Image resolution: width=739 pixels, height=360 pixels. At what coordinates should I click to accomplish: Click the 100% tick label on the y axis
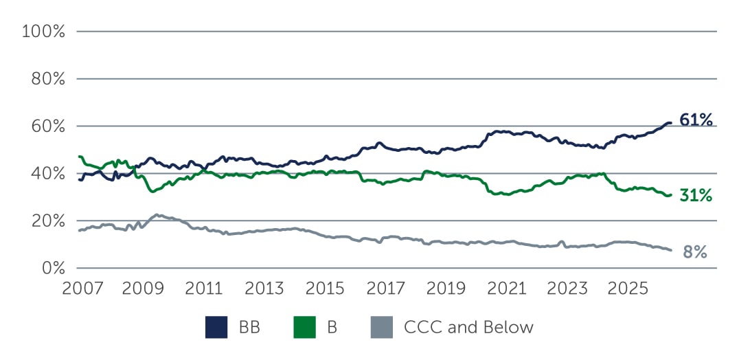pos(44,32)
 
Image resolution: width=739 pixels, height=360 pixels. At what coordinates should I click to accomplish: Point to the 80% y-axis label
pos(47,79)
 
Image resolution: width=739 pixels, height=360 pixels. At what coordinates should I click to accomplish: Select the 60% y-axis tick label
pos(47,126)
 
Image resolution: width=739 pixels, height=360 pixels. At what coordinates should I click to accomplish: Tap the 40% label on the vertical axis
pos(47,174)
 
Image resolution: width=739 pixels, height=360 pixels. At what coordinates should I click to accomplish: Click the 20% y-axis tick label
pos(47,221)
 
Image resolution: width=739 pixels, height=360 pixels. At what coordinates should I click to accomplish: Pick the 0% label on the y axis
pos(52,268)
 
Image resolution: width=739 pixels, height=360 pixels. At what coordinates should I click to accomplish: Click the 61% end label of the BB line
pos(696,120)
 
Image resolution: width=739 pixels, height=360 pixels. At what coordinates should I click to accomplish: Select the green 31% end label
pos(696,196)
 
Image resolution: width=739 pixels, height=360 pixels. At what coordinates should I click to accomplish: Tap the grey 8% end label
pos(694,252)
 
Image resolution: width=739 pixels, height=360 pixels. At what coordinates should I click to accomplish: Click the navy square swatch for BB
pos(216,328)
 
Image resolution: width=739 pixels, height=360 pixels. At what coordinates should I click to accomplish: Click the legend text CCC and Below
pos(468,328)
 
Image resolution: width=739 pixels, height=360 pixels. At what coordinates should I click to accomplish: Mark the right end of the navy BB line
pos(670,123)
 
